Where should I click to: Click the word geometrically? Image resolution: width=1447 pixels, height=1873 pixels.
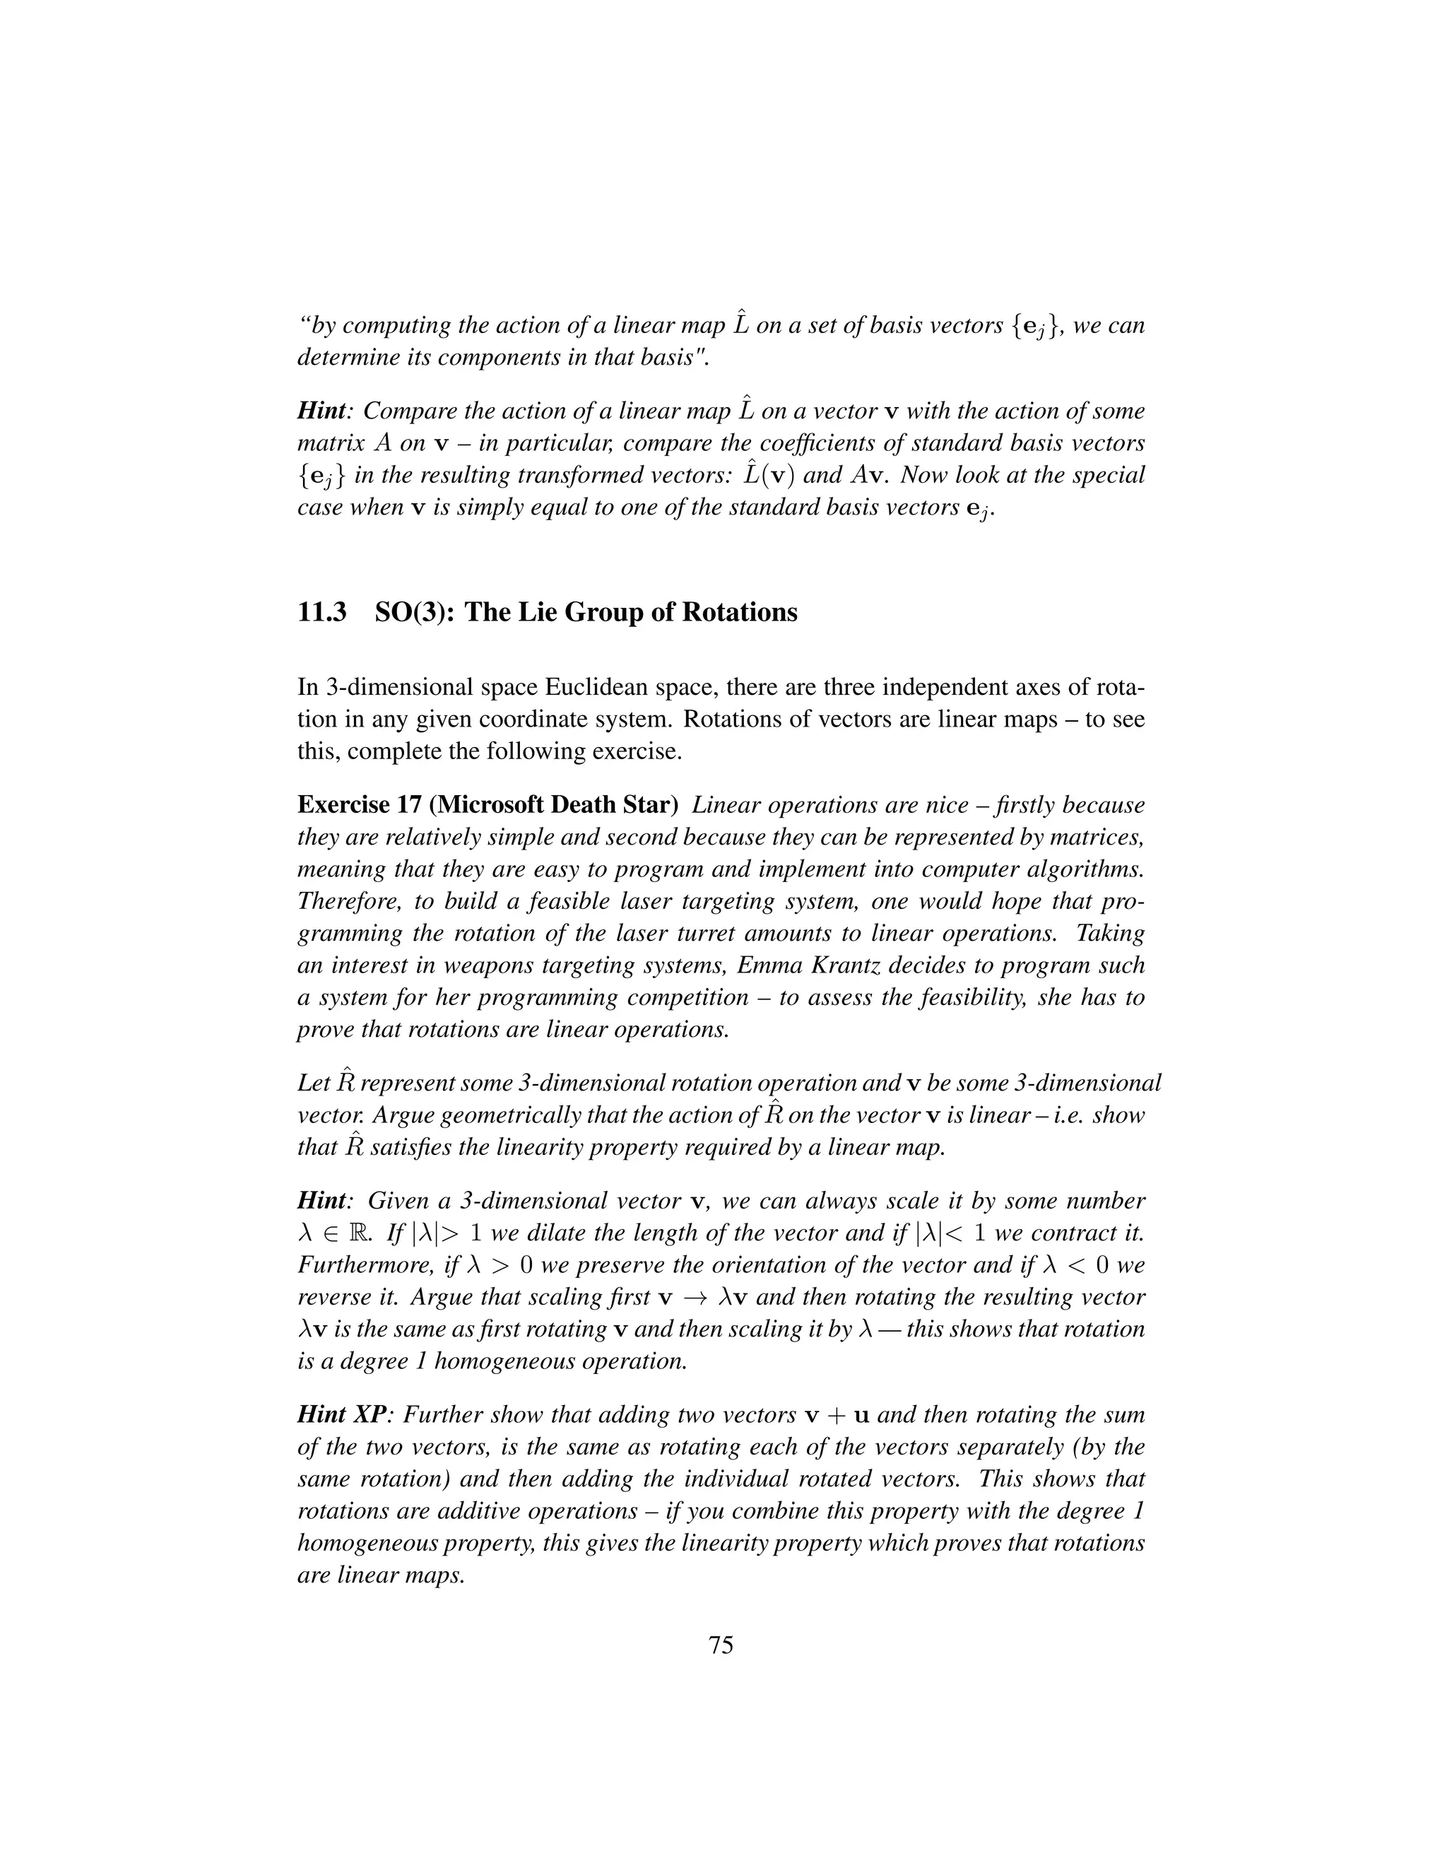click(473, 1116)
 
